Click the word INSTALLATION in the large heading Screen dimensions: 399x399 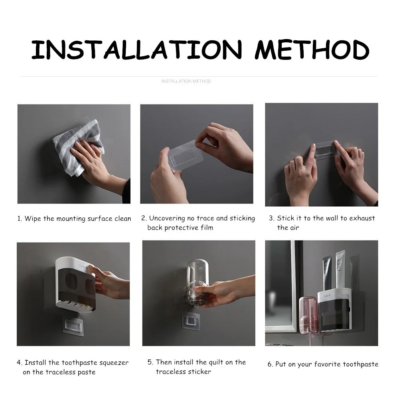136,49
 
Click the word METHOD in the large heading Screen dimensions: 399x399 312,49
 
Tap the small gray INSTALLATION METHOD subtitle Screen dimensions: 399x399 186,81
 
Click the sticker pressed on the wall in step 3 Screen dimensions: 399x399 325,150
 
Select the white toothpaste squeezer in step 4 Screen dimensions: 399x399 75,284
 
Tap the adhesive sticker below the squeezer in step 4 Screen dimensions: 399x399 73,326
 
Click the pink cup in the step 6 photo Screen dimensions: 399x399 308,315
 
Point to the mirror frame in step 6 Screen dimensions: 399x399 294,286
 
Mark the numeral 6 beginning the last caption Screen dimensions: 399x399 270,364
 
